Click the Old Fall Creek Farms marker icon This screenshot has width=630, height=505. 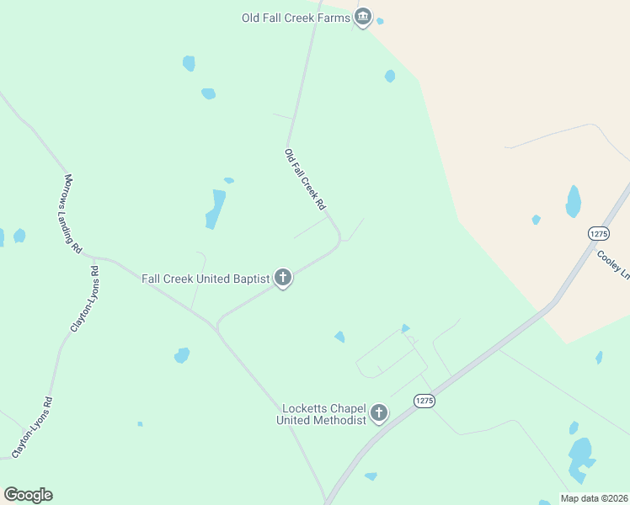coord(363,18)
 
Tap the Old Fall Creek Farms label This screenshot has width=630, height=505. coord(296,17)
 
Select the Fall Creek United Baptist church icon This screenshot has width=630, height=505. coord(283,279)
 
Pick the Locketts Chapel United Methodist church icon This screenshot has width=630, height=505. coord(379,414)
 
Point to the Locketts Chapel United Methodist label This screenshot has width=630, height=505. coord(324,414)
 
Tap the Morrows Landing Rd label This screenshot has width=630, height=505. coord(73,214)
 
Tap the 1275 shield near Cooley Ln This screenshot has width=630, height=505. coord(598,233)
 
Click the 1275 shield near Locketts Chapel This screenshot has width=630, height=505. coord(424,402)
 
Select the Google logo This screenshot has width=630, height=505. coord(28,495)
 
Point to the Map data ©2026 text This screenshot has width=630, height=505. coord(595,498)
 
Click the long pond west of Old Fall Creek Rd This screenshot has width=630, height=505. coord(216,209)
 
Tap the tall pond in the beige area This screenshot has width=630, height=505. coord(574,201)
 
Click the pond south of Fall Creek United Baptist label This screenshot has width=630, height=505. coord(182,355)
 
